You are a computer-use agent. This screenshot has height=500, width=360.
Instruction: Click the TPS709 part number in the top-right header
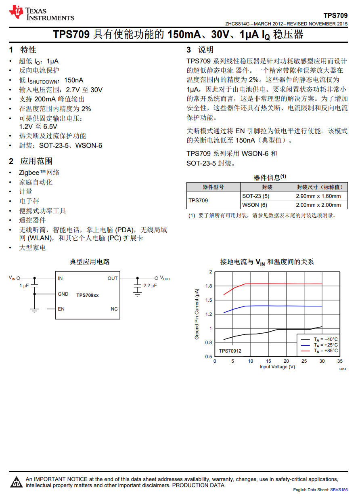pyautogui.click(x=335, y=15)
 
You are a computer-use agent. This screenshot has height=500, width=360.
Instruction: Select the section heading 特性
pyautogui.click(x=28, y=50)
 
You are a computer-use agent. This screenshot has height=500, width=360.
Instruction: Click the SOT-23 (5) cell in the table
pyautogui.click(x=255, y=196)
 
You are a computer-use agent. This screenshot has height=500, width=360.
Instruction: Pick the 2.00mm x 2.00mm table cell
pyautogui.click(x=318, y=205)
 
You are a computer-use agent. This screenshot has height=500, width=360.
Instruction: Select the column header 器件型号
pyautogui.click(x=213, y=187)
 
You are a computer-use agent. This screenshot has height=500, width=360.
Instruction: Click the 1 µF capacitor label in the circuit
pyautogui.click(x=24, y=286)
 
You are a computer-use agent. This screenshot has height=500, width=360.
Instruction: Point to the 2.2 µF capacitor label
pyautogui.click(x=150, y=286)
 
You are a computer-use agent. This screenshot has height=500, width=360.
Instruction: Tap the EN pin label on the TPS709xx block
pyautogui.click(x=61, y=309)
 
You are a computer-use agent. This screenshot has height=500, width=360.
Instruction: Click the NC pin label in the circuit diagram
pyautogui.click(x=114, y=309)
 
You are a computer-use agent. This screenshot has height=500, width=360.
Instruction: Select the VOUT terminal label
pyautogui.click(x=165, y=278)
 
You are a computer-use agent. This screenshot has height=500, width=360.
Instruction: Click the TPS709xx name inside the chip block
pyautogui.click(x=88, y=295)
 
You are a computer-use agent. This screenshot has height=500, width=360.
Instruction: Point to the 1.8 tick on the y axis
pyautogui.click(x=209, y=286)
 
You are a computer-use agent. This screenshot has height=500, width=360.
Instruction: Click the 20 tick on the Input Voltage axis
pyautogui.click(x=286, y=361)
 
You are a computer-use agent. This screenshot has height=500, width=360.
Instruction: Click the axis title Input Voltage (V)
pyautogui.click(x=277, y=367)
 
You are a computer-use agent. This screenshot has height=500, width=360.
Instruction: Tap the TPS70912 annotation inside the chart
pyautogui.click(x=230, y=351)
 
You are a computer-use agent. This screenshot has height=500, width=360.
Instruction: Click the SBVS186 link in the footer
pyautogui.click(x=339, y=489)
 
